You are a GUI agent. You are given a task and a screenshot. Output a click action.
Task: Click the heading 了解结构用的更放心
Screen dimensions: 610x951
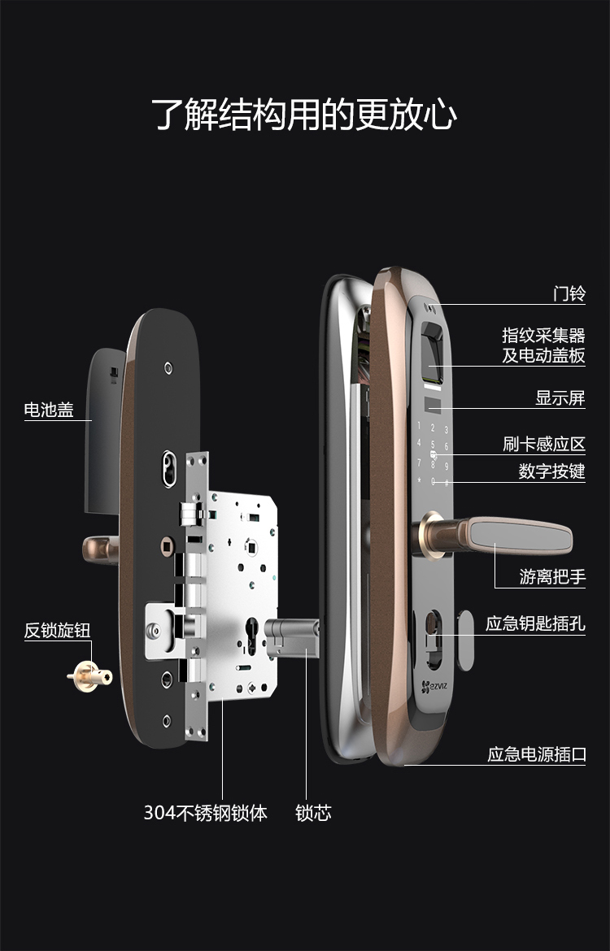pyautogui.click(x=304, y=115)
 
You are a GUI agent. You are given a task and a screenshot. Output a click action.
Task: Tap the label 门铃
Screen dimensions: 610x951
pyautogui.click(x=569, y=293)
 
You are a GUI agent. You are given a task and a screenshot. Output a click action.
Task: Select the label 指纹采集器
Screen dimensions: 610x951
pyautogui.click(x=543, y=335)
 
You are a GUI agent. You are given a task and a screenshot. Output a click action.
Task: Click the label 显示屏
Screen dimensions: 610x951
pyautogui.click(x=560, y=398)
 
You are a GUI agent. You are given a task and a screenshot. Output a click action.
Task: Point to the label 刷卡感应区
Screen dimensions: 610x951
pyautogui.click(x=543, y=445)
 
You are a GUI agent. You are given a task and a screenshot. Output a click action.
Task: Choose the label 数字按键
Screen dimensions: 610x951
pyautogui.click(x=551, y=471)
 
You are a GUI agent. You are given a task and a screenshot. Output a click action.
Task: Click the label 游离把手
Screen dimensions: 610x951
pyautogui.click(x=552, y=577)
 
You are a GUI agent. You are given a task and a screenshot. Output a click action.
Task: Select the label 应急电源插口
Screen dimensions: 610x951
pyautogui.click(x=536, y=754)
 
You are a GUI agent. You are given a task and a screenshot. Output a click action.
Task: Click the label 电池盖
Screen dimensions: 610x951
pyautogui.click(x=49, y=410)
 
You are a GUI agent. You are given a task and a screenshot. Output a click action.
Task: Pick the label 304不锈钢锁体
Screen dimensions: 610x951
pyautogui.click(x=206, y=812)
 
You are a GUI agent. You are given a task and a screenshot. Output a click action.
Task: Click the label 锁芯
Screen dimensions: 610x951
pyautogui.click(x=313, y=812)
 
